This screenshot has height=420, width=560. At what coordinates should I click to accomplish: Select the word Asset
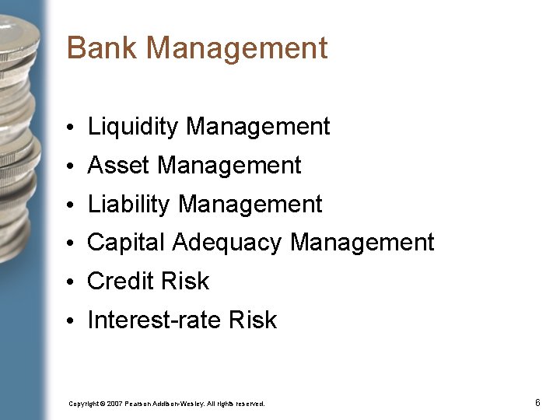118,166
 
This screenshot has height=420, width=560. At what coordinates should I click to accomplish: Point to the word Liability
128,205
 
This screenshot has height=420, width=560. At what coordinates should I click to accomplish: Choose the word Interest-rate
153,320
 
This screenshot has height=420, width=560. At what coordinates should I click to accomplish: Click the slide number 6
537,403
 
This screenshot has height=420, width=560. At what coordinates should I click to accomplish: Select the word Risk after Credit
186,282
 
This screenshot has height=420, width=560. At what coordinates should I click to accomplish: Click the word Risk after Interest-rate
253,320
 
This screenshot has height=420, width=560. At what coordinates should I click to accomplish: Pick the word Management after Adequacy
362,243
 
